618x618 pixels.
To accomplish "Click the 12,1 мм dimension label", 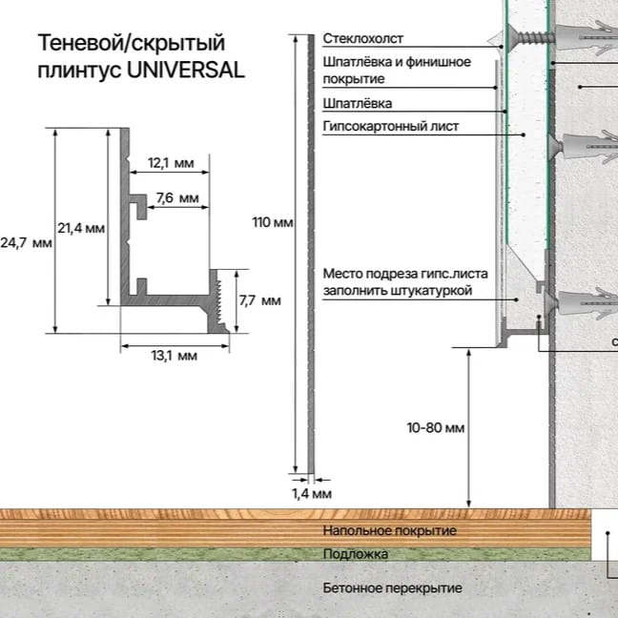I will [x=171, y=164].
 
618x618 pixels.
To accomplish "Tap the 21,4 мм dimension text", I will [x=80, y=228].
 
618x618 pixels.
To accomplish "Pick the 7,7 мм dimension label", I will [x=258, y=300].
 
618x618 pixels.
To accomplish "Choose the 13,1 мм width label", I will [x=174, y=356].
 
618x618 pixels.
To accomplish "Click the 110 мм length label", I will [x=273, y=223].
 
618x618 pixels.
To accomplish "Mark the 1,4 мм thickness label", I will [x=311, y=494].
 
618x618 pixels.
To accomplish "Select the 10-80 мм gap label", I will [x=435, y=428].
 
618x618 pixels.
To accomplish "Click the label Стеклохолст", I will [x=362, y=39].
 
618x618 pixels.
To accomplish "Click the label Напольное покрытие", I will [x=389, y=530].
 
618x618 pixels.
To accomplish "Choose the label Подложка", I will [x=355, y=554].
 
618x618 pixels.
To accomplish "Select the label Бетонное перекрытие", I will [x=392, y=588].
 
